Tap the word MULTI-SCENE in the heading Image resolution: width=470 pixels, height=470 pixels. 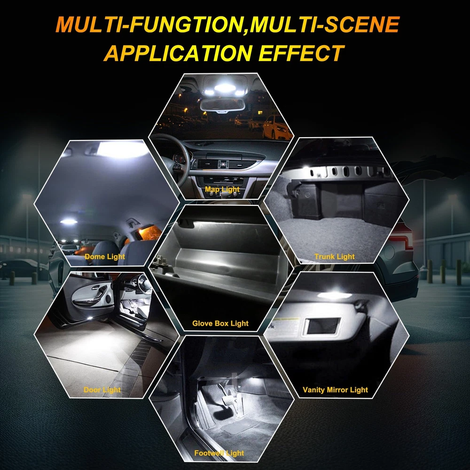tap(325, 24)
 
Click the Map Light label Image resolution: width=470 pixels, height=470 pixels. tap(222, 189)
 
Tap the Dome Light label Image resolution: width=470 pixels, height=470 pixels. tap(105, 257)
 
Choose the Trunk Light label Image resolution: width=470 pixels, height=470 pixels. tap(334, 257)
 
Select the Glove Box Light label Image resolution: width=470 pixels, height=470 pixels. tap(220, 323)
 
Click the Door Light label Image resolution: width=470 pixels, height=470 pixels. tap(102, 390)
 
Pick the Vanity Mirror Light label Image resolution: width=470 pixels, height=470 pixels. tap(335, 390)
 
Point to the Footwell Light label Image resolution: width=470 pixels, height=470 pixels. tap(219, 453)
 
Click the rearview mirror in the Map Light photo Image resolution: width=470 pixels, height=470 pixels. tap(222, 105)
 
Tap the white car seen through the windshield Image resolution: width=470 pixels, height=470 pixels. tap(276, 127)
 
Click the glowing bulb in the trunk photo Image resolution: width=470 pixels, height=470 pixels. tap(306, 168)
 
